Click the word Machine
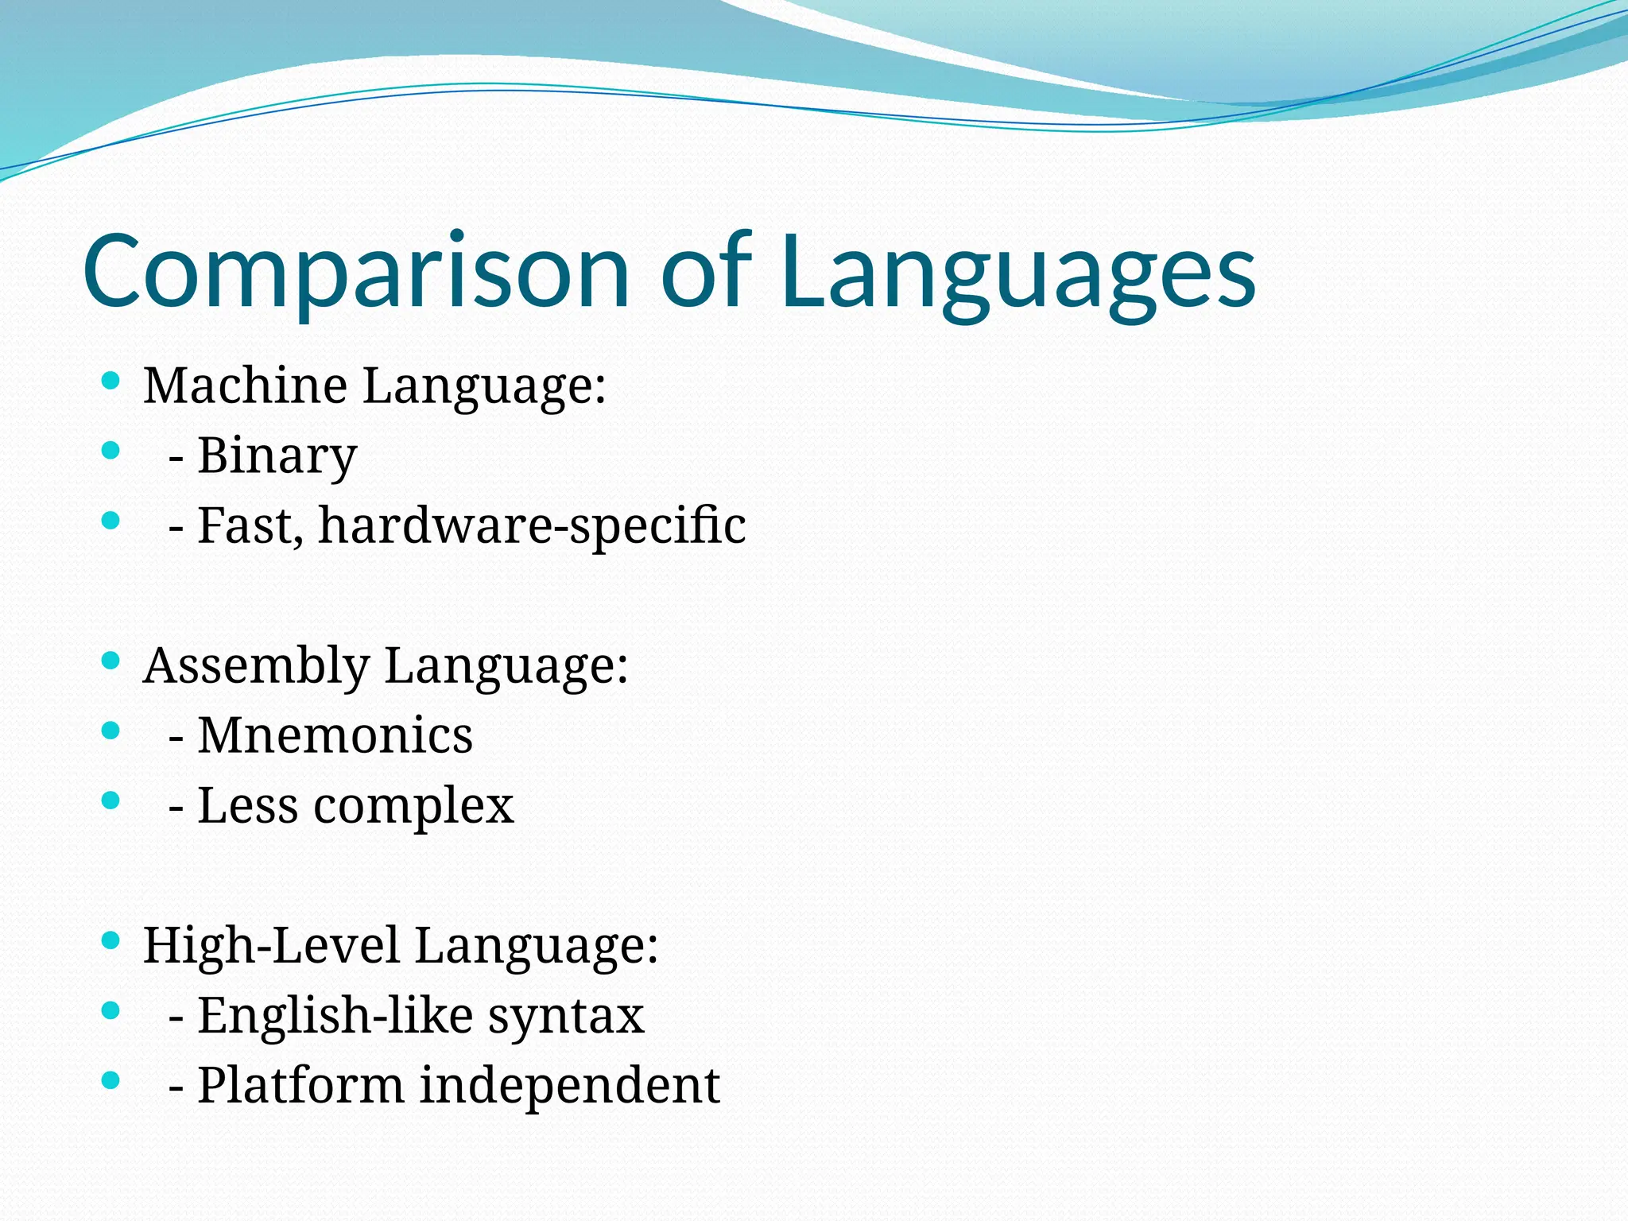coord(245,386)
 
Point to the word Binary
coord(277,457)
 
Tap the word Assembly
coord(256,666)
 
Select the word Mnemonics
coord(335,736)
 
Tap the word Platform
coord(300,1087)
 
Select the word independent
coord(569,1087)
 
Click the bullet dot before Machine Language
coord(111,381)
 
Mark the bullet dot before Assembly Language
coord(111,661)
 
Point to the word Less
coord(247,806)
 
